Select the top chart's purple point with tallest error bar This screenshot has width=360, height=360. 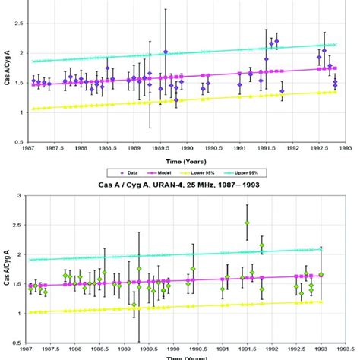click(x=166, y=52)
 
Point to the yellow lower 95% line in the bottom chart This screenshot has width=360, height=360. click(x=190, y=308)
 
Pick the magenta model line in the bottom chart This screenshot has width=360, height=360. click(x=190, y=279)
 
